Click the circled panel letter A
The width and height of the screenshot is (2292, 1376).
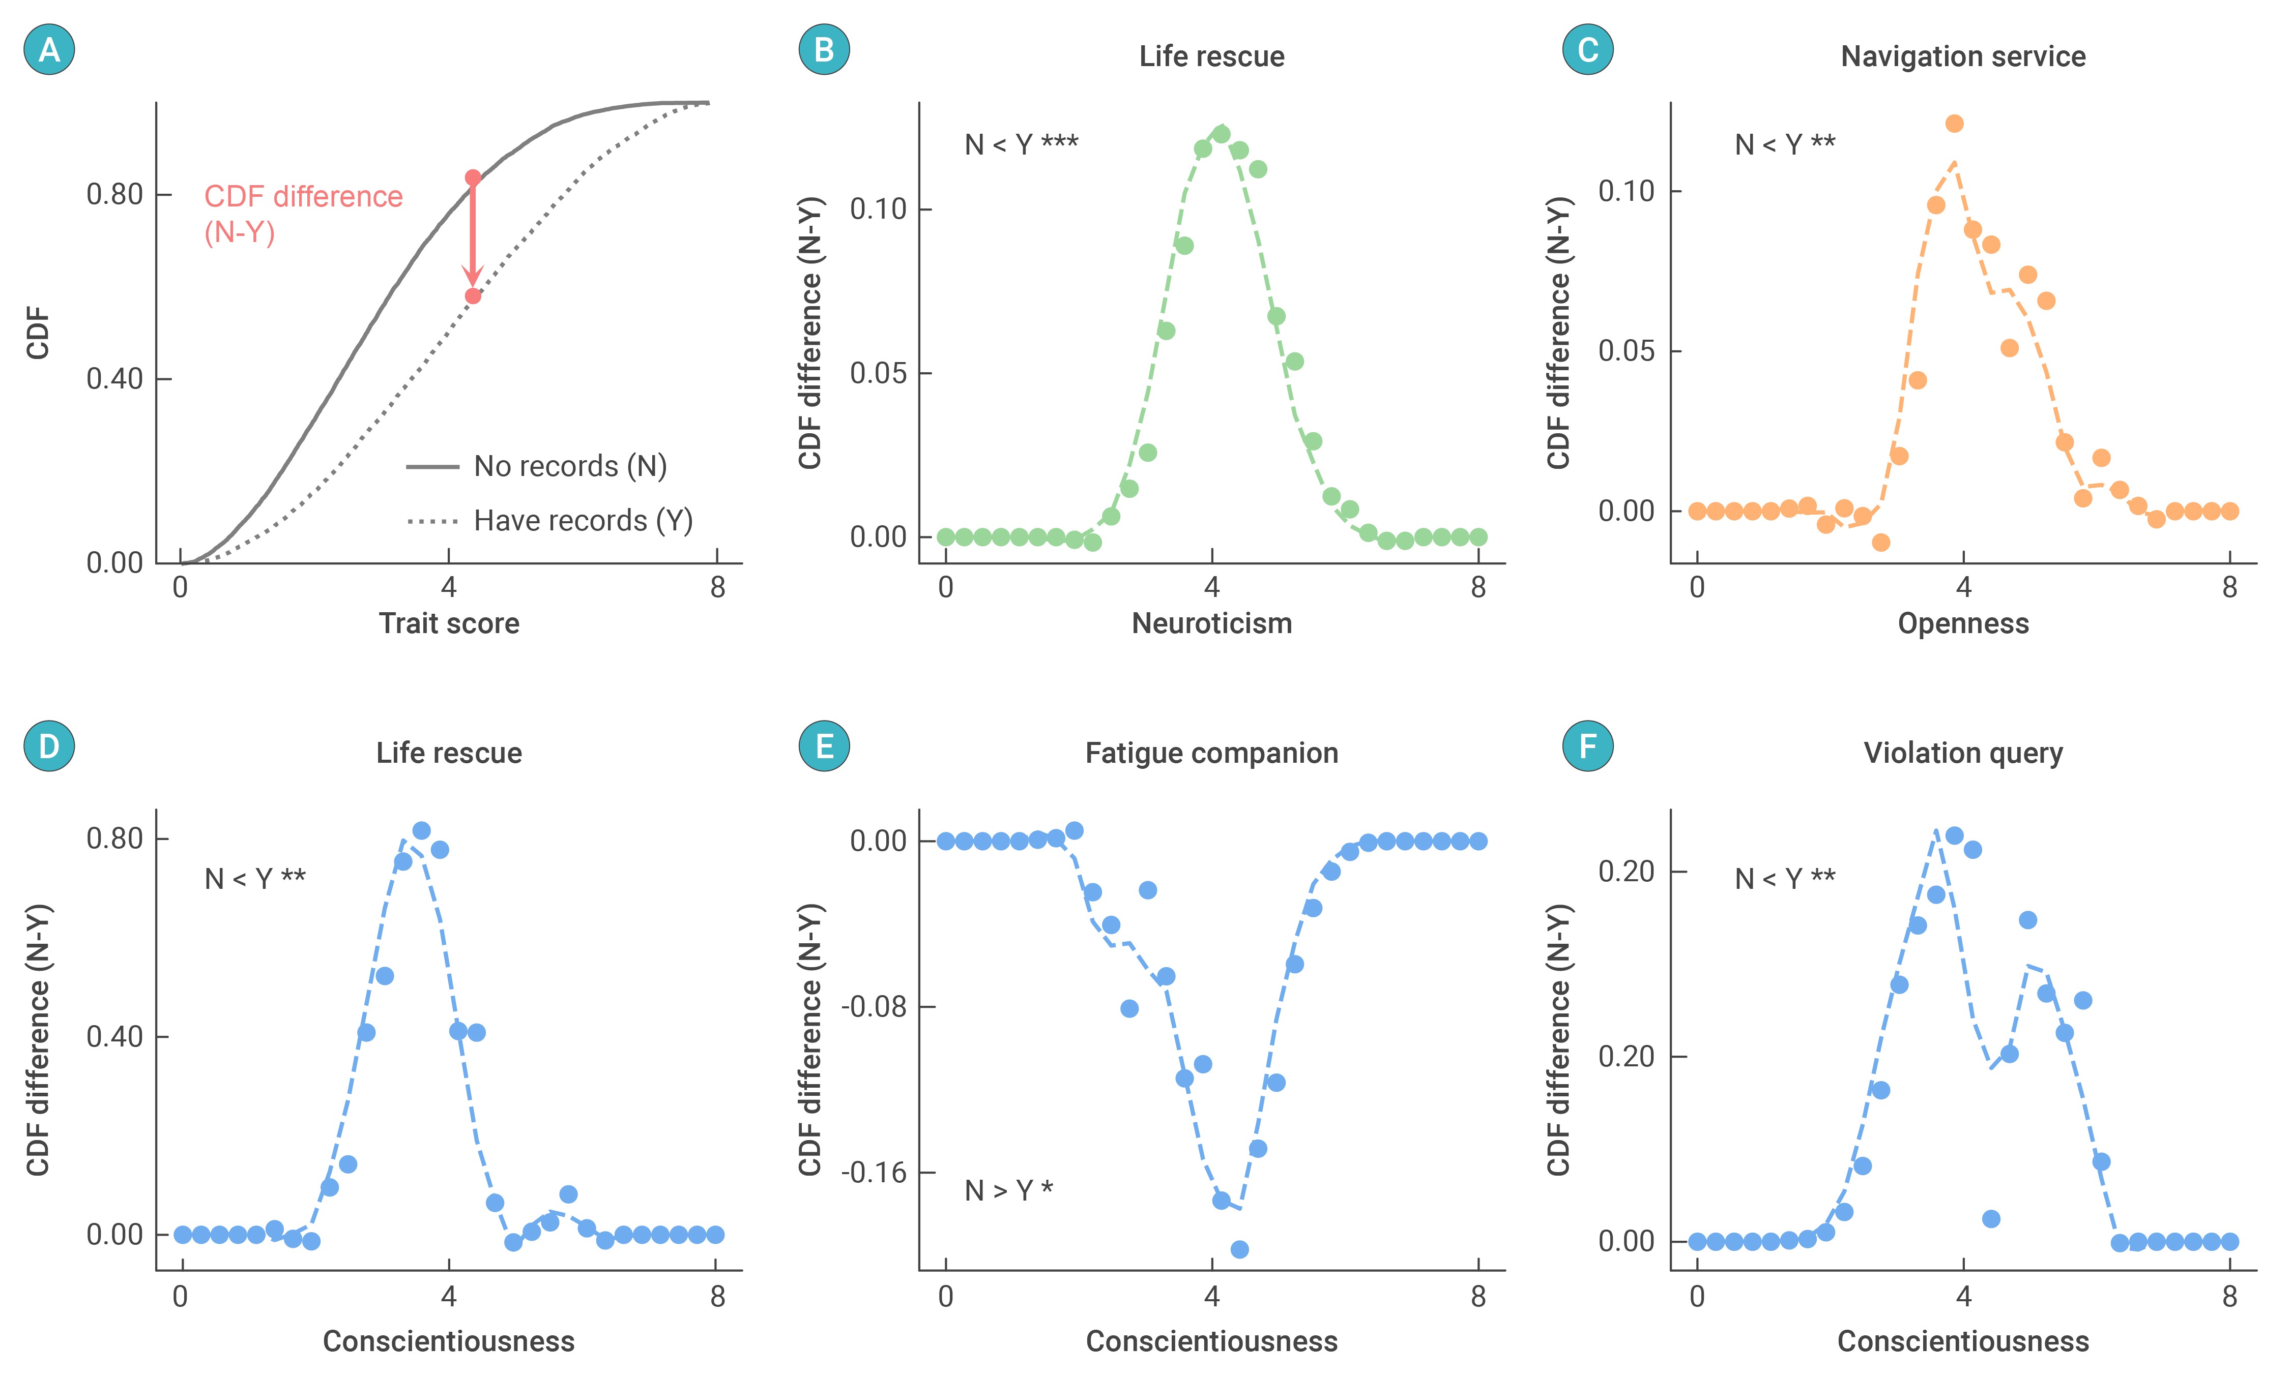49,49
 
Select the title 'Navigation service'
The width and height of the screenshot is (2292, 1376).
1963,56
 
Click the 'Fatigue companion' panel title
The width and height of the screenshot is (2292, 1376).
1211,753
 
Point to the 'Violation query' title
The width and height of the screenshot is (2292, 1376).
1963,753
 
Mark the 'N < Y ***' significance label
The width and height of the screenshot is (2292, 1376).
1021,144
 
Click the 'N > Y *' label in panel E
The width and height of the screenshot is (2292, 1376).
1008,1190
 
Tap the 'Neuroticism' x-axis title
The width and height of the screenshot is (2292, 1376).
1211,623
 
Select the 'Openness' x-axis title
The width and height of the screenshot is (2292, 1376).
1963,623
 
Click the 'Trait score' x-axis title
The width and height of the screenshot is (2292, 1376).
449,623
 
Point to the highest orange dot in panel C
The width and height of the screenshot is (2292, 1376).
1954,124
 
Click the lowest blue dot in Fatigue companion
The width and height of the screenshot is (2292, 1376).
1239,1250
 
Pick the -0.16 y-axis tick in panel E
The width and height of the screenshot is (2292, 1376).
874,1173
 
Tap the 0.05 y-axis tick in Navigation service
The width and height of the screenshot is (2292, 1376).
1626,351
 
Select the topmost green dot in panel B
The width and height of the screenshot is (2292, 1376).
1221,134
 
